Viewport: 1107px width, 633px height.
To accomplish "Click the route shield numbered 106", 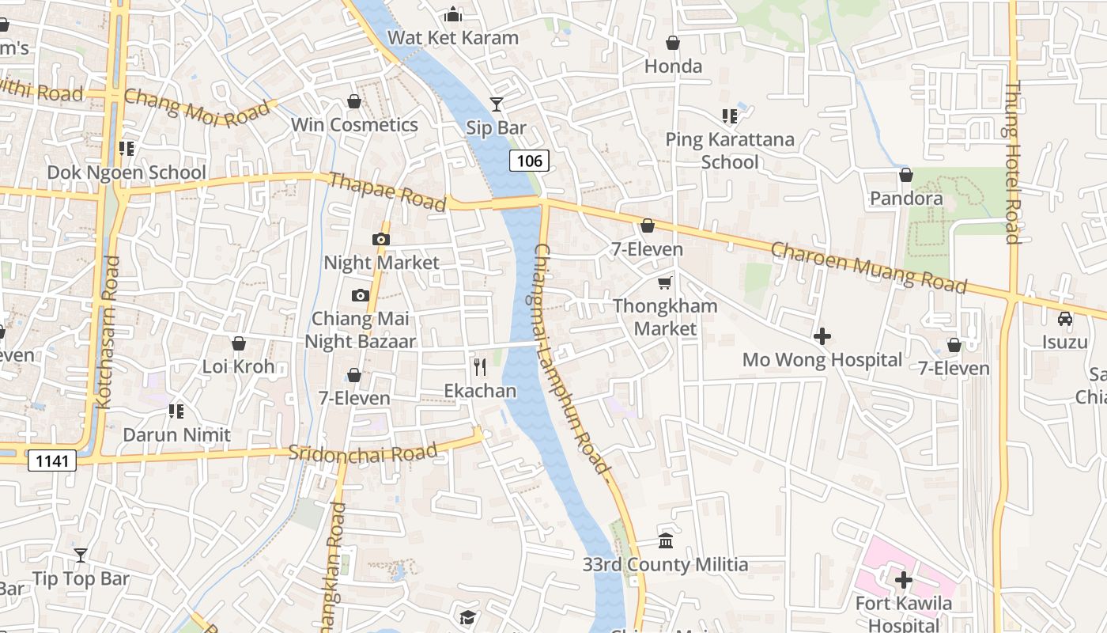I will pos(529,161).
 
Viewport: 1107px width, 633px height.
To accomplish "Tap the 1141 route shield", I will pos(52,461).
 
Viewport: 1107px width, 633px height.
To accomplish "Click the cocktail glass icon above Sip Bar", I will pos(496,104).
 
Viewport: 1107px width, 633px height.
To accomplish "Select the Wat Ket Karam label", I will pos(453,37).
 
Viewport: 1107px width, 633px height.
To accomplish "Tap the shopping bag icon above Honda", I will pos(673,43).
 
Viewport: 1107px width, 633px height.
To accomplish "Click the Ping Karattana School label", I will pos(730,151).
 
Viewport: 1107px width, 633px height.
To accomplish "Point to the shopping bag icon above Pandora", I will pos(906,175).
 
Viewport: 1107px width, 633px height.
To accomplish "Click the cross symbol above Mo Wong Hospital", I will pos(822,336).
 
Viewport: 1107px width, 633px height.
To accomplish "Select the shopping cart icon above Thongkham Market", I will pos(665,282).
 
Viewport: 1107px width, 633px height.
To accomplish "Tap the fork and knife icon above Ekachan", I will pos(479,367).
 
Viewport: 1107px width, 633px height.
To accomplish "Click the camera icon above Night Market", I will pos(381,239).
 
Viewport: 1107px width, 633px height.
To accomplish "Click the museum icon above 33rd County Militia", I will pos(666,541).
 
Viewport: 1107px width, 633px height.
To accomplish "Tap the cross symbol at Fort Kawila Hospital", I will pos(904,580).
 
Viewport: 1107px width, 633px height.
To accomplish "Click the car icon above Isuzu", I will pos(1065,319).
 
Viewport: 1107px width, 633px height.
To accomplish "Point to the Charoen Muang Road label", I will pos(868,267).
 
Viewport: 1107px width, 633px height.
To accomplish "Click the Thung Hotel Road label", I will pos(1012,162).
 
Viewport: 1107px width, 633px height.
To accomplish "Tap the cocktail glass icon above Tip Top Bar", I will pos(80,555).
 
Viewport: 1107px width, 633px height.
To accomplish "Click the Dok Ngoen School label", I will pos(127,172).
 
